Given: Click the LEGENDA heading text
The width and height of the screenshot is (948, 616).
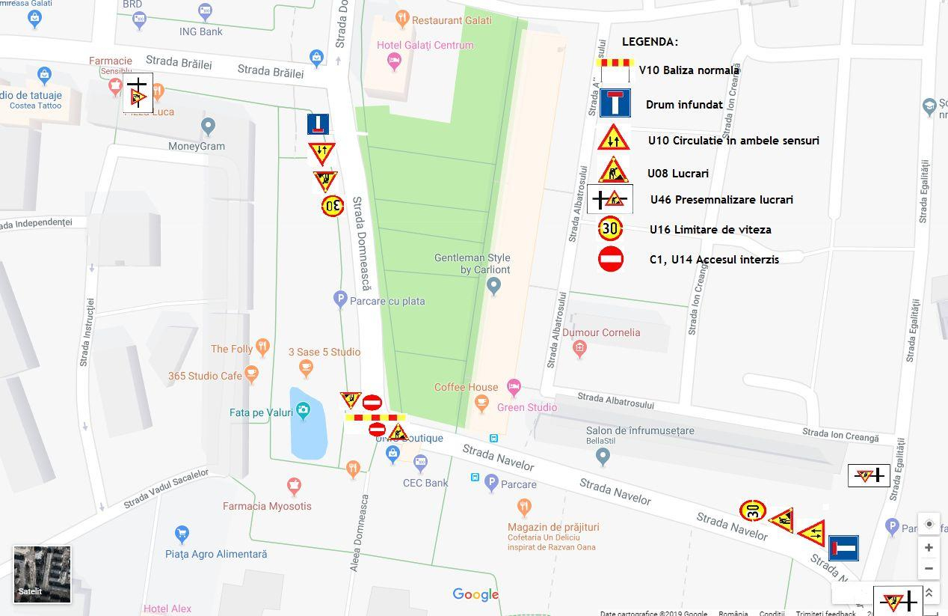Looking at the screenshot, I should pos(650,42).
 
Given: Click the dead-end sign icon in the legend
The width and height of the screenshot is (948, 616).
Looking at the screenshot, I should pos(615,103).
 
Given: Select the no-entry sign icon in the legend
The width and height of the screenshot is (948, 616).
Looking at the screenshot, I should pos(611,259).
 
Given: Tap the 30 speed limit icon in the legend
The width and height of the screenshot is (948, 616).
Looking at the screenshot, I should pos(611,228).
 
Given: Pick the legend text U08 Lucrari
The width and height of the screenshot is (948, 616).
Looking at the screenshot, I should pos(677,174).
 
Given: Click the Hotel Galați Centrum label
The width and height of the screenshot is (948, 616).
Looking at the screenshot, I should pos(425,45).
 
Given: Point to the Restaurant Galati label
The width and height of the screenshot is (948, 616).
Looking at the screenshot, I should pos(452,20).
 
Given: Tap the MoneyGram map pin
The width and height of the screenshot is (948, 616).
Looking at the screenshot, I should pos(208,126).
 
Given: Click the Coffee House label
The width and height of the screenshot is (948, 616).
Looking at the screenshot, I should pos(466,387).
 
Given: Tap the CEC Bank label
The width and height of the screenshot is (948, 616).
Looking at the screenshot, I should pos(425,483).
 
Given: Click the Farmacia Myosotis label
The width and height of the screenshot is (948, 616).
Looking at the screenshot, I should pos(267,506).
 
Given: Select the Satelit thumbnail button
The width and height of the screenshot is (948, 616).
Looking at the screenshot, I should pos(42,574).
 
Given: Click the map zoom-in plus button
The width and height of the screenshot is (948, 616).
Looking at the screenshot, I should pos(929,547).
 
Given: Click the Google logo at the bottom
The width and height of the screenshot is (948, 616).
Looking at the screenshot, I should pos(475,594).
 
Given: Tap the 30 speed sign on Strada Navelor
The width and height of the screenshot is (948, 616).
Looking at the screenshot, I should pos(752,511).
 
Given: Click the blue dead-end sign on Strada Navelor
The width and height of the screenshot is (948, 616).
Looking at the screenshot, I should pos(843,548).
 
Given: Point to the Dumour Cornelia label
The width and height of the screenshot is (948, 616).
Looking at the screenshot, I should pos(601,332).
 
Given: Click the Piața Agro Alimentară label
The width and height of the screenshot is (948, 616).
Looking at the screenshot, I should pos(216,554).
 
